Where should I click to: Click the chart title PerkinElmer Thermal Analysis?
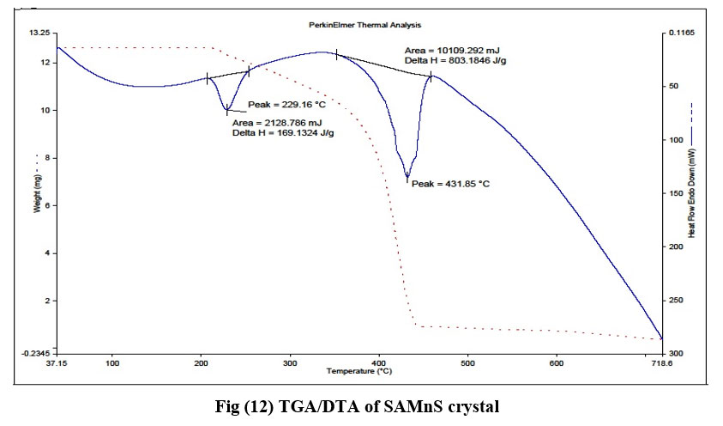click(x=365, y=26)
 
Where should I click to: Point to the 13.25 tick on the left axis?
click(x=40, y=33)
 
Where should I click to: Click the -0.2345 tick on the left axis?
click(x=37, y=353)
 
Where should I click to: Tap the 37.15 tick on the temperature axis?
click(x=57, y=364)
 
